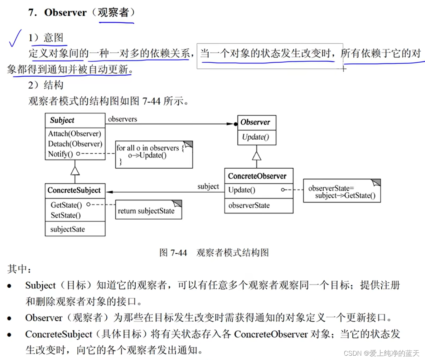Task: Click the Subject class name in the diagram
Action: pyautogui.click(x=62, y=120)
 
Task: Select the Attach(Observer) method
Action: pyautogui.click(x=74, y=134)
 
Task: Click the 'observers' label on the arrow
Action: pyautogui.click(x=122, y=119)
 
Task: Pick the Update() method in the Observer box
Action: pyautogui.click(x=255, y=137)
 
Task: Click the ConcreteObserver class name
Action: pyautogui.click(x=257, y=176)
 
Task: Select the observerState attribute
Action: pyautogui.click(x=249, y=205)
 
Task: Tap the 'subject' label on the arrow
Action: pyautogui.click(x=208, y=186)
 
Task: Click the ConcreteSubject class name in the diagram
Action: pyautogui.click(x=74, y=190)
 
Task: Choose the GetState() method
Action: pyautogui.click(x=66, y=205)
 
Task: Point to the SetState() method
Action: pyautogui.click(x=66, y=215)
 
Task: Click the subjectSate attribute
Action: pyautogui.click(x=68, y=229)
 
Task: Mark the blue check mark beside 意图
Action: pyautogui.click(x=15, y=39)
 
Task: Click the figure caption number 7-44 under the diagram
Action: pyautogui.click(x=178, y=253)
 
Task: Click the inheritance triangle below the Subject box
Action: pyautogui.click(x=75, y=171)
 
